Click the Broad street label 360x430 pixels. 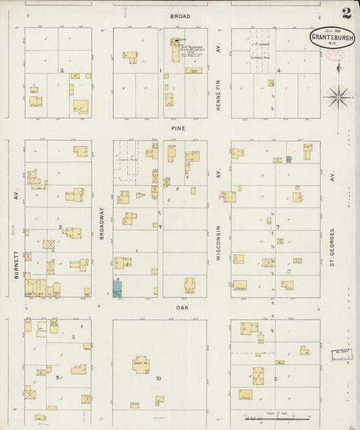coord(180,16)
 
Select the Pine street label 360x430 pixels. coord(178,127)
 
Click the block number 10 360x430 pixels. coord(159,379)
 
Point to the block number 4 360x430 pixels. coord(278,70)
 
